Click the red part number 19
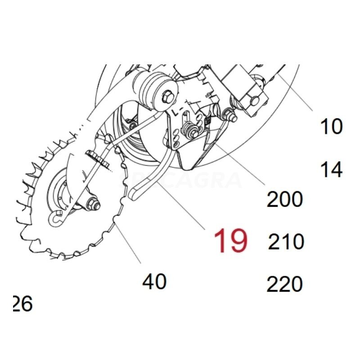point(230,241)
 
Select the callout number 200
point(285,198)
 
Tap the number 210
point(286,242)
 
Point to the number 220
point(285,284)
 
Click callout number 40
point(155,282)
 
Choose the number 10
point(331,126)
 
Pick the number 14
point(331,170)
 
